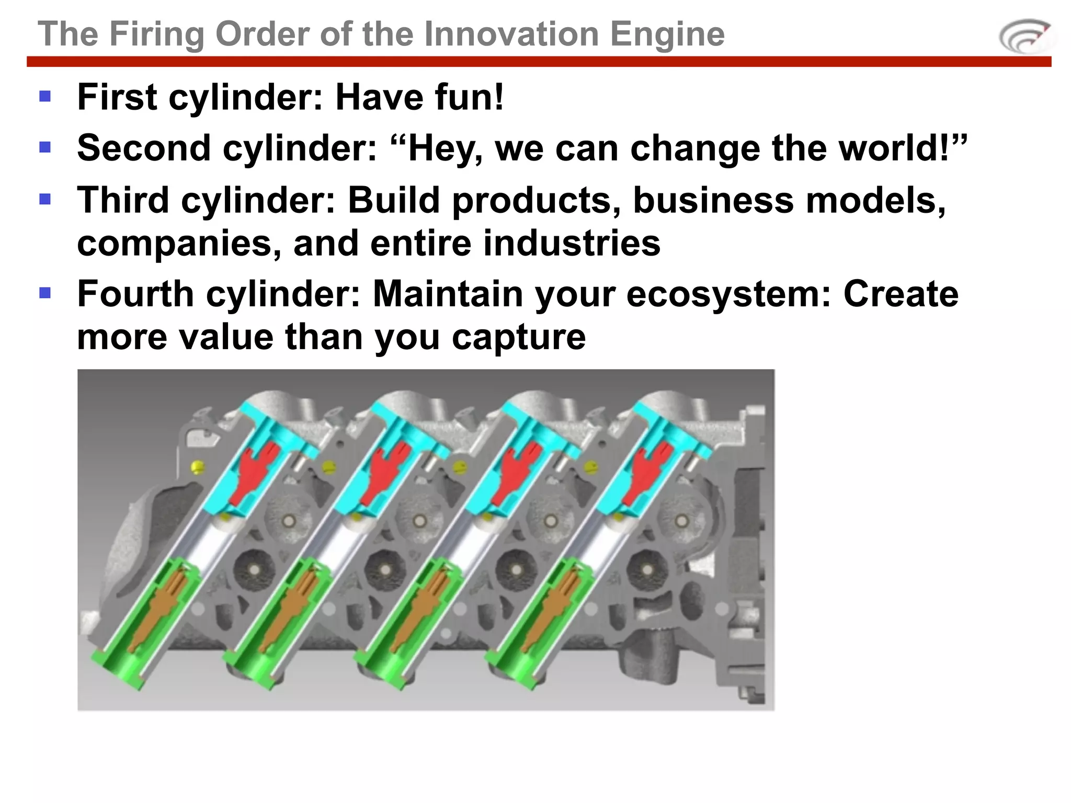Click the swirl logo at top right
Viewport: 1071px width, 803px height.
click(1026, 37)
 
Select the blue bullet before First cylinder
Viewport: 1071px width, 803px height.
click(45, 96)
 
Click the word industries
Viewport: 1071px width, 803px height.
click(571, 244)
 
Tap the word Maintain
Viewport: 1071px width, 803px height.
click(448, 294)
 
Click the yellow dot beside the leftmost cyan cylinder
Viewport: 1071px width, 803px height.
click(198, 467)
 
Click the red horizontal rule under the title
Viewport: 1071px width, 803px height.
click(539, 62)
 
